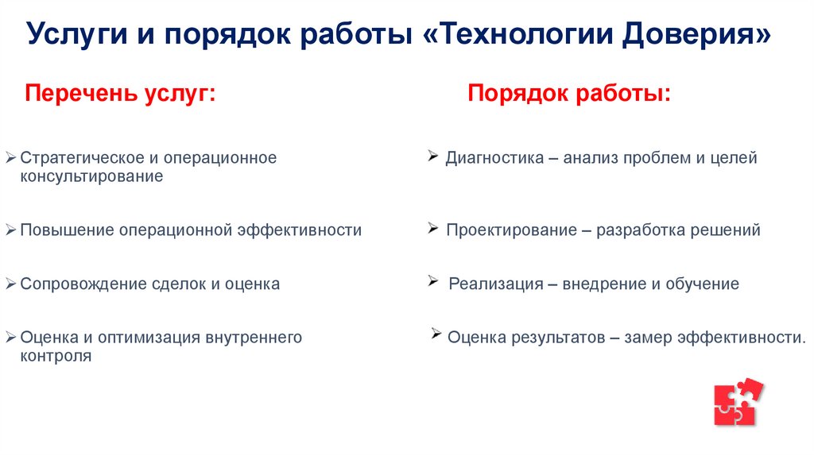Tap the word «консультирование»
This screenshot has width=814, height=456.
pos(91,176)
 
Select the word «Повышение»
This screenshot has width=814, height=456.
pos(67,230)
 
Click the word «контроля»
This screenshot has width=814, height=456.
pos(56,357)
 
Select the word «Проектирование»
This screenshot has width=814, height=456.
pos(510,230)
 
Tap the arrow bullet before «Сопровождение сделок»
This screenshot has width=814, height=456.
pos(10,284)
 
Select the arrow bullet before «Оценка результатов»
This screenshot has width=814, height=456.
pos(436,334)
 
